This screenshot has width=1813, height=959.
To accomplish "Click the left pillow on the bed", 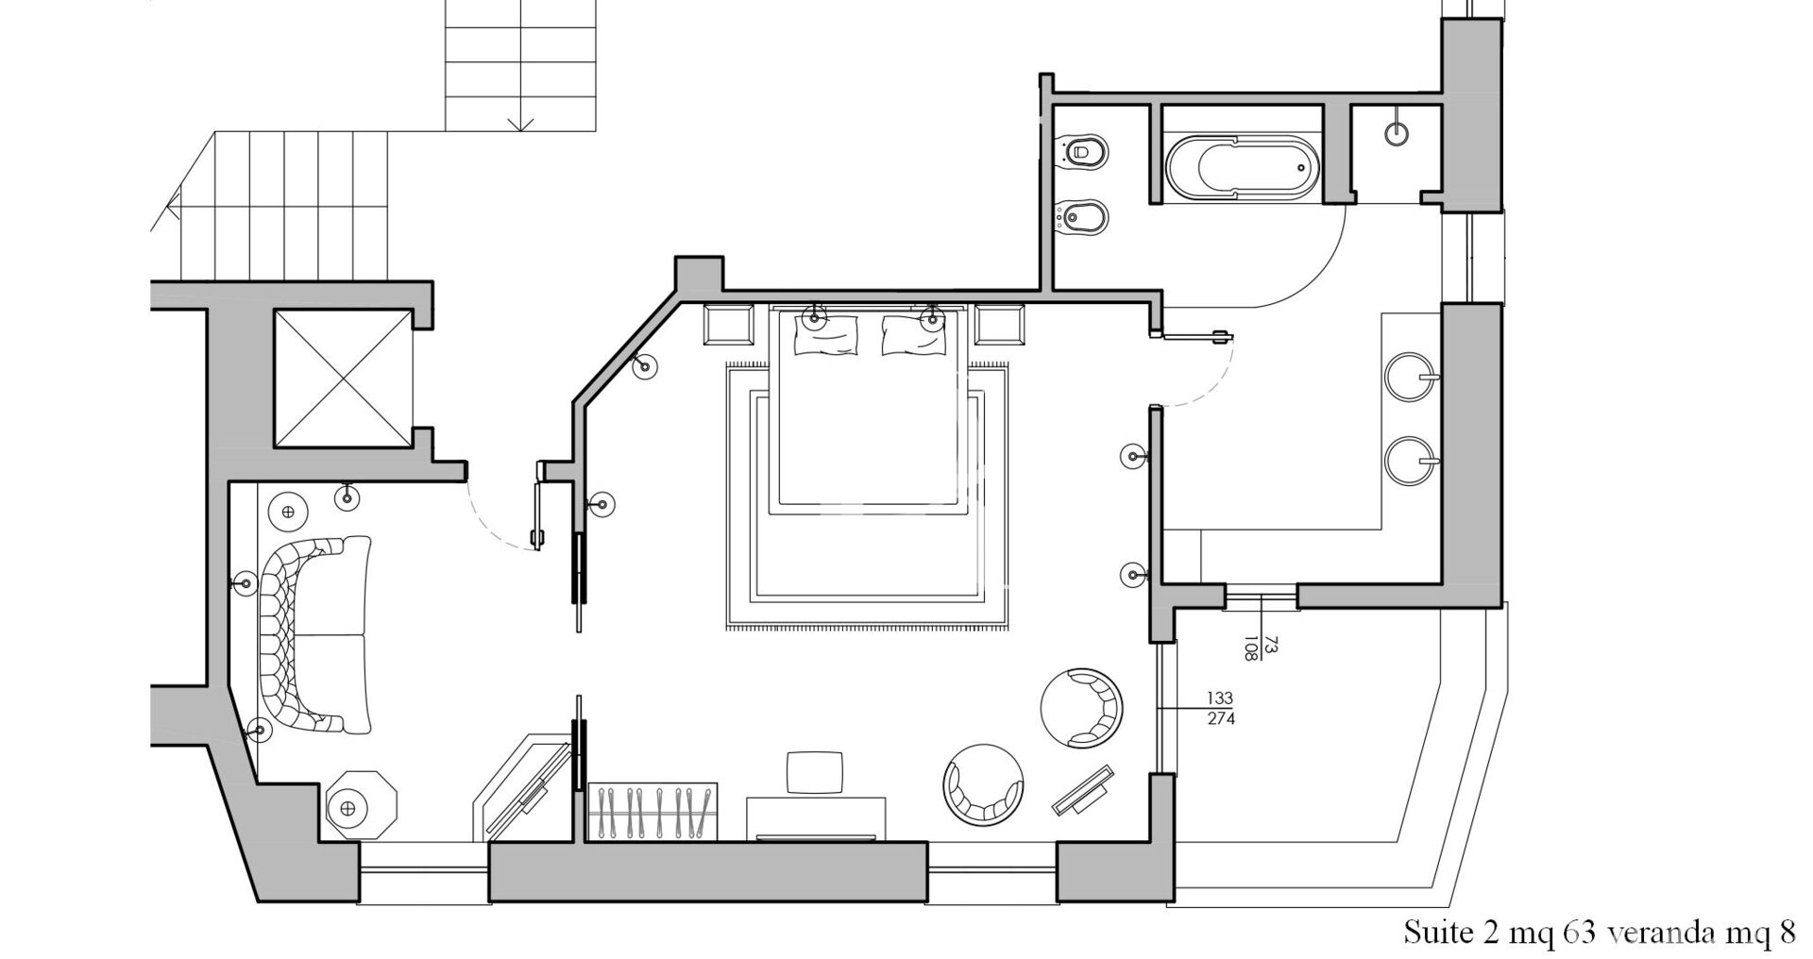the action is click(x=827, y=334).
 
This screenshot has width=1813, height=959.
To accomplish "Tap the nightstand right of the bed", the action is click(x=999, y=324).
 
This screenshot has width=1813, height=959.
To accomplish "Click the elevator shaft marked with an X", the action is click(x=342, y=378).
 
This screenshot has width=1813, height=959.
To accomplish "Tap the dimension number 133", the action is click(x=1220, y=698).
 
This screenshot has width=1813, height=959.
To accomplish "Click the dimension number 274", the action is click(x=1220, y=718).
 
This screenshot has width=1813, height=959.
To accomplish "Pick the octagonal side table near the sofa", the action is click(x=364, y=805).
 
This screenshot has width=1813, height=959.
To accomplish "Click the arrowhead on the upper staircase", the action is click(x=521, y=124).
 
